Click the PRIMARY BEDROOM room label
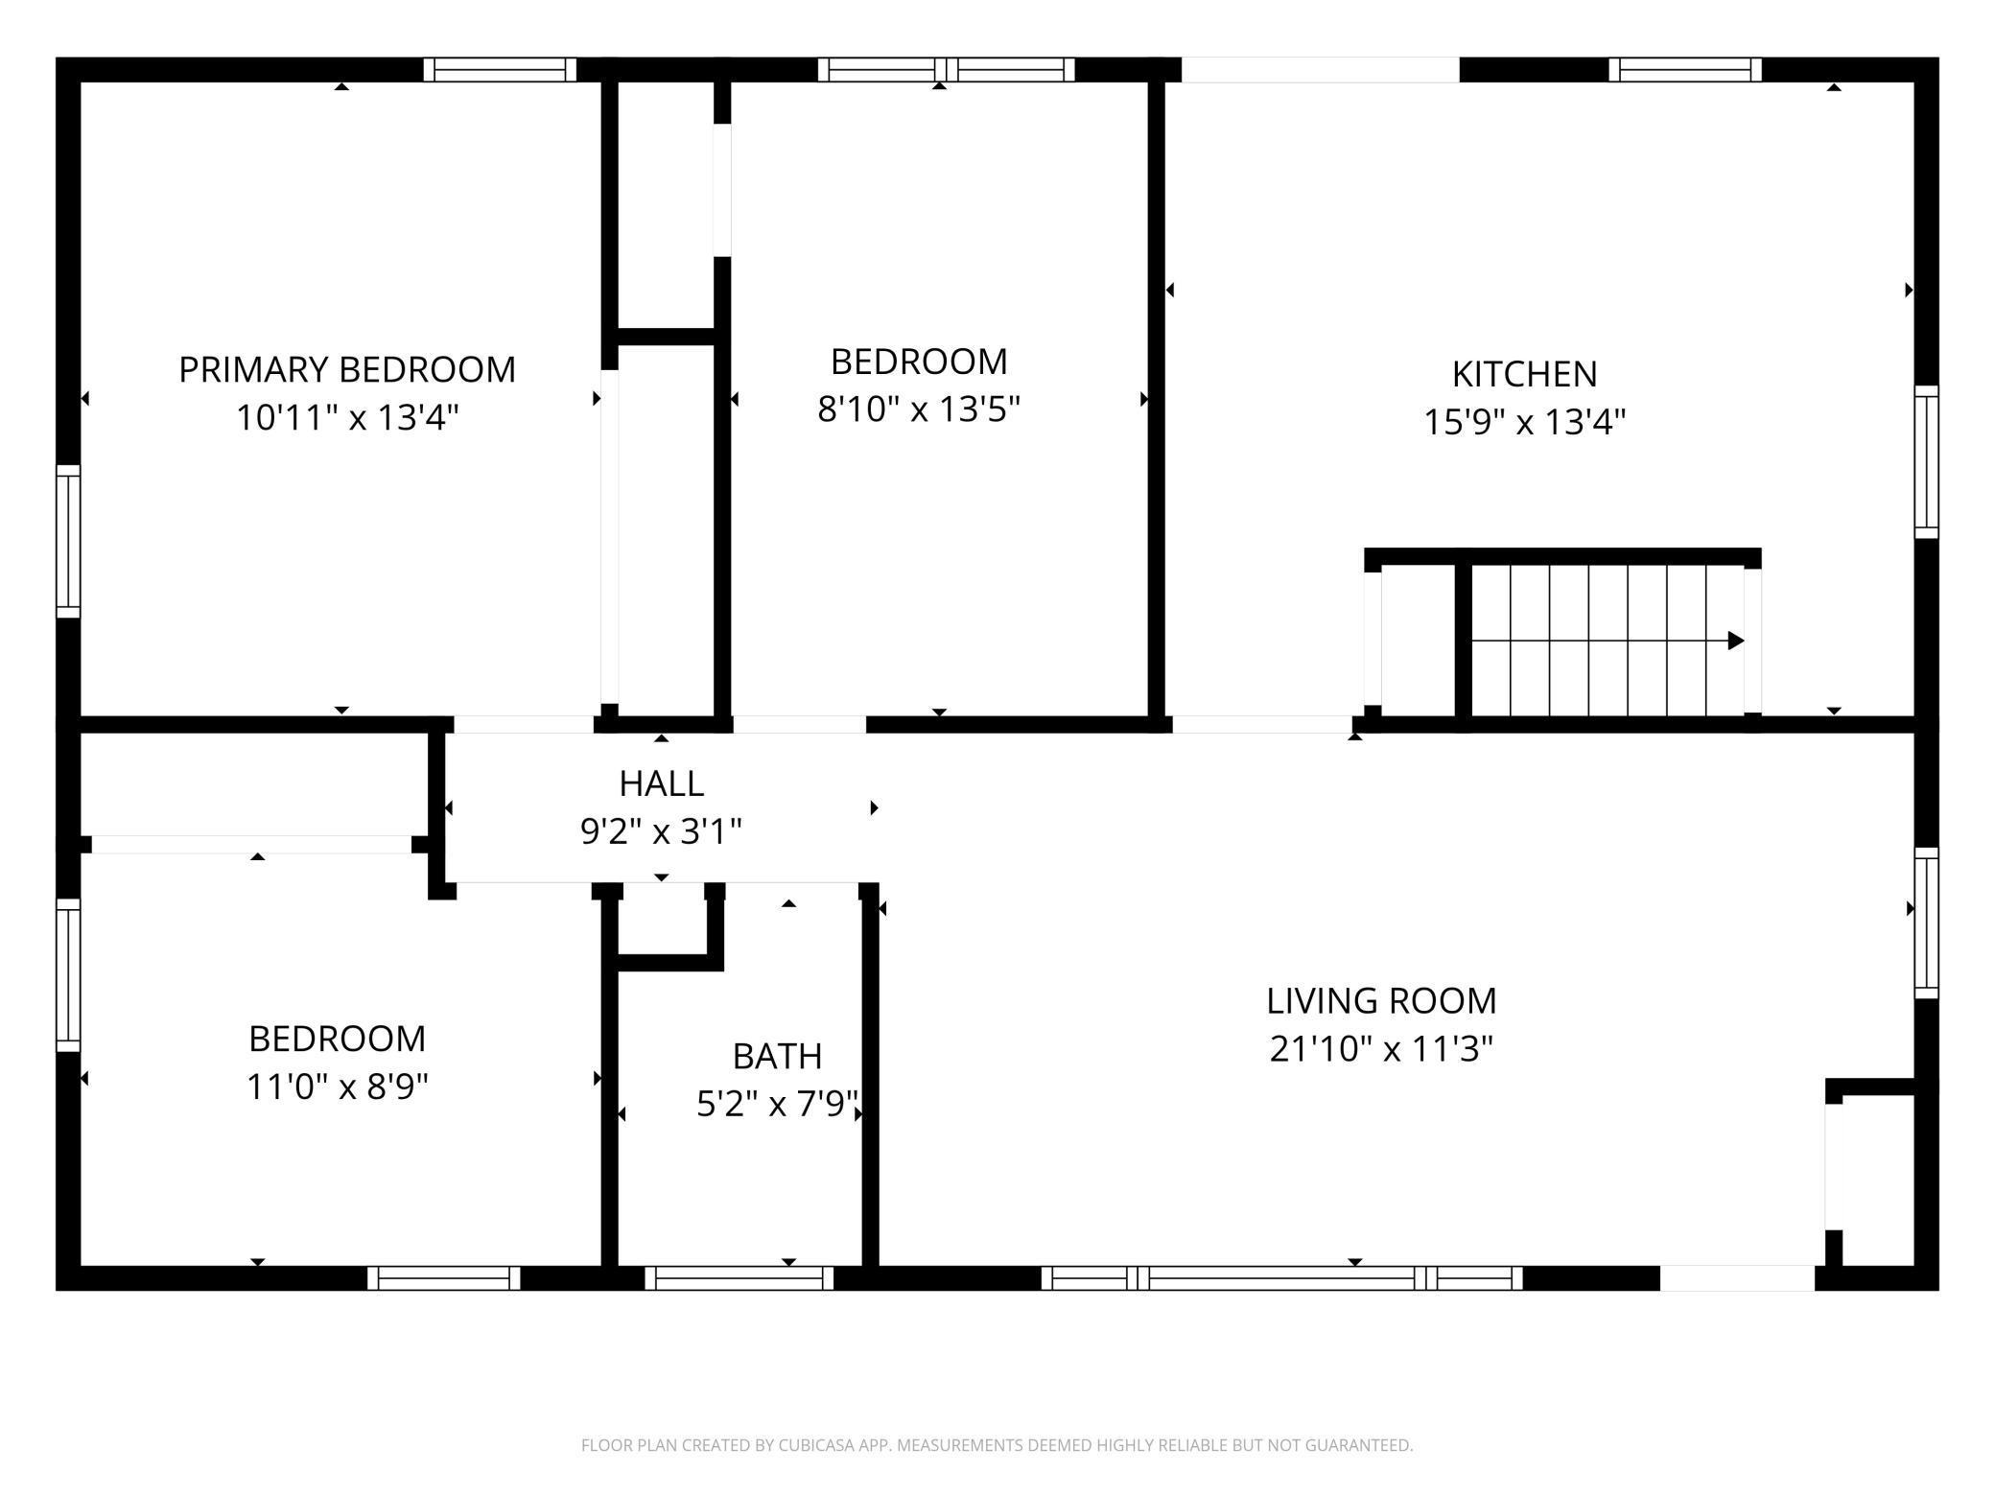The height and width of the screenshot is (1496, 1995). [347, 369]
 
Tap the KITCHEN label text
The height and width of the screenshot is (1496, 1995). [1524, 374]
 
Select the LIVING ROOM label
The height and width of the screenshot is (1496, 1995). [1381, 1001]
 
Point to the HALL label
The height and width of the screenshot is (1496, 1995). [662, 783]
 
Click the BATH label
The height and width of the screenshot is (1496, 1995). [777, 1056]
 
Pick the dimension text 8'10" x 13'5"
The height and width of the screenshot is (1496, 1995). [919, 409]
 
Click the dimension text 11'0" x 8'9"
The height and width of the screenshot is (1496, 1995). [338, 1087]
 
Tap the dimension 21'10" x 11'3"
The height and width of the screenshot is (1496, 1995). [1381, 1049]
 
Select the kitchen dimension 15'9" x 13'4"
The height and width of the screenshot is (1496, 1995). [1524, 422]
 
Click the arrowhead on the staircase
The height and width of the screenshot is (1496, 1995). [1736, 641]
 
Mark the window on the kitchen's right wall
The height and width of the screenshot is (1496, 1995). [1927, 461]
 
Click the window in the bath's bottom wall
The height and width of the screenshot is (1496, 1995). [739, 1277]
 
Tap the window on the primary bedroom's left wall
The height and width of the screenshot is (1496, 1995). [68, 542]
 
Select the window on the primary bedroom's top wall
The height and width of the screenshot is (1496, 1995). [500, 70]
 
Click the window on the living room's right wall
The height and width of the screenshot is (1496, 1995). [1927, 923]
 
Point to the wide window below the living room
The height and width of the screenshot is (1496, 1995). [1281, 1277]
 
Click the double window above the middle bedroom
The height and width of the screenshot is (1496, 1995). [947, 70]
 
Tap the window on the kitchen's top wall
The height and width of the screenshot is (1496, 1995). [1685, 70]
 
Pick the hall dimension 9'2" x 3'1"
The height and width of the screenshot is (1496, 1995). [662, 830]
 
